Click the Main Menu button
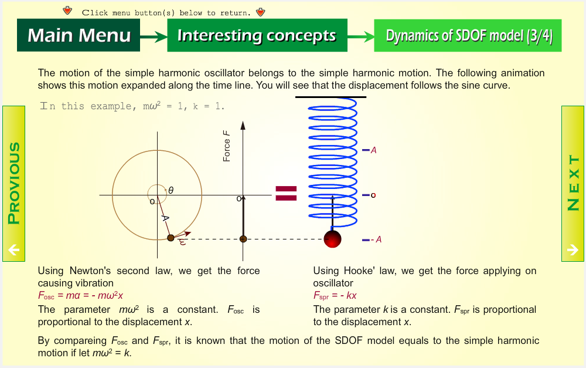(79, 35)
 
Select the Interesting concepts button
(257, 35)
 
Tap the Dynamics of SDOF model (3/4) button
(468, 36)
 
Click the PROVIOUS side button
(14, 184)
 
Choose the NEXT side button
(573, 184)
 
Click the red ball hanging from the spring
(333, 239)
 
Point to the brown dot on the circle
(171, 238)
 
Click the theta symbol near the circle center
(171, 191)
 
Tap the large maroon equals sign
(287, 193)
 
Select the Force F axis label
(226, 146)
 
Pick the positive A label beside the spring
(373, 150)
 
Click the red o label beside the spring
(373, 195)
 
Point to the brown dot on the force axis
(243, 239)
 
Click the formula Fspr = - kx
(335, 296)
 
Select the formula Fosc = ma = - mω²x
(80, 296)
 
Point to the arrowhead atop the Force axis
(243, 125)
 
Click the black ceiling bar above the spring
(331, 97)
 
